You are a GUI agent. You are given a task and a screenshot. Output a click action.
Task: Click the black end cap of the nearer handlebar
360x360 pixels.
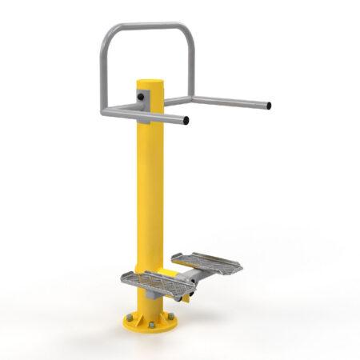[x=186, y=122]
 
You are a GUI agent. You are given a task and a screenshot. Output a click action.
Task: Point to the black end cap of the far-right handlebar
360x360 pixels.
[x=270, y=105]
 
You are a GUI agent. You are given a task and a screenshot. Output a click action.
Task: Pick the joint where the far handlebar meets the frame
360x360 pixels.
[x=191, y=100]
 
